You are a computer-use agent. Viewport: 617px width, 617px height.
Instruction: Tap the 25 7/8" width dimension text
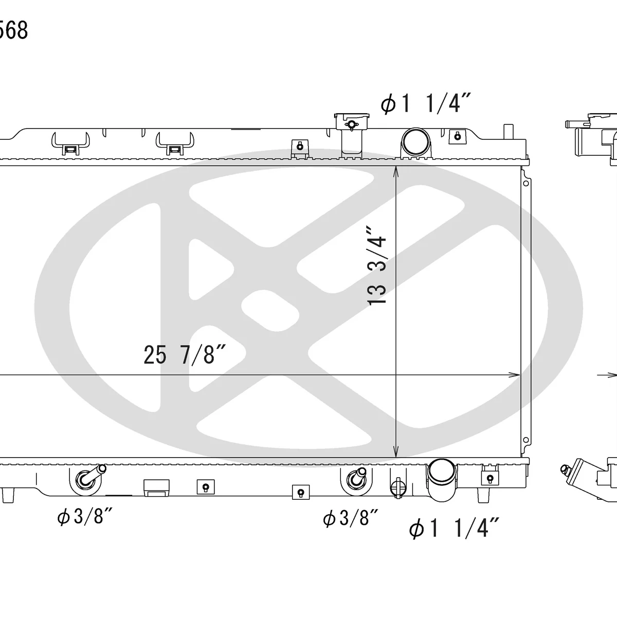185,355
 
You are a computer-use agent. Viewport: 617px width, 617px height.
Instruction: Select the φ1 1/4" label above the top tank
426,103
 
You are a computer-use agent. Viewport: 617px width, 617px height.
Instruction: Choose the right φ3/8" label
351,518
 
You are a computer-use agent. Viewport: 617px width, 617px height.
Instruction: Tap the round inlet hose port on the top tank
416,141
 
